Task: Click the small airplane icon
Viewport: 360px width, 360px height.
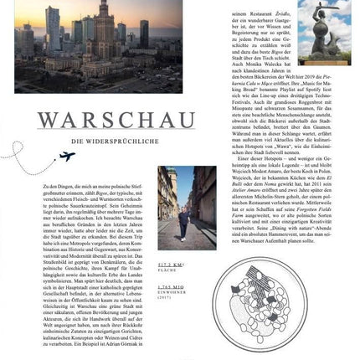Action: point(67,156)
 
